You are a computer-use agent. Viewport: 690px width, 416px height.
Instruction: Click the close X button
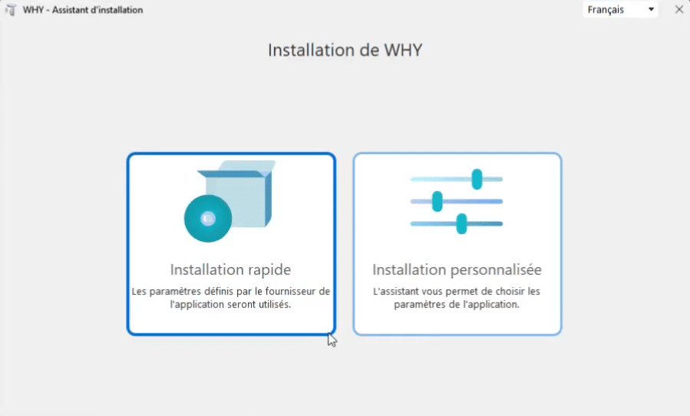pos(679,9)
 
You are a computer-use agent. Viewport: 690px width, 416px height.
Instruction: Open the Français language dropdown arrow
pos(651,9)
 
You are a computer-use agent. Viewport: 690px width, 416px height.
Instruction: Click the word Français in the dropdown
pos(606,10)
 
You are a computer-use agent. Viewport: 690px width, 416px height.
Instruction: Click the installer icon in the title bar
pos(11,10)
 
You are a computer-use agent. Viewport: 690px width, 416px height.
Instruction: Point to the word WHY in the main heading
pos(403,50)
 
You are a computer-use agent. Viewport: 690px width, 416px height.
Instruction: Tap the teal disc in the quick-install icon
pos(208,218)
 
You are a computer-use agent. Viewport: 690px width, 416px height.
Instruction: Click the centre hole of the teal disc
pos(208,218)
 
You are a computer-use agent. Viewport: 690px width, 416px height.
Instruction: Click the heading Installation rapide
pos(230,269)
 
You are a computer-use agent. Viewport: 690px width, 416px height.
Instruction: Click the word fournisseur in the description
pos(290,292)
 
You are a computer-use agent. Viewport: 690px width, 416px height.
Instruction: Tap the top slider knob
pos(477,179)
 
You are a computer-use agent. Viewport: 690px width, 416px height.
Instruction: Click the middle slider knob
pos(437,201)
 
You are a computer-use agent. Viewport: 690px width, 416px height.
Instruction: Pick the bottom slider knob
pos(461,223)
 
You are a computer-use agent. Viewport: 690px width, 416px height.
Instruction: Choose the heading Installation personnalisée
pos(457,269)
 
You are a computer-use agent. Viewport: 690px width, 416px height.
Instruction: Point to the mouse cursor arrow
pos(332,340)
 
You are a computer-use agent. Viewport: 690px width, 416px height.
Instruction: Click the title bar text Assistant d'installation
pos(97,10)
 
